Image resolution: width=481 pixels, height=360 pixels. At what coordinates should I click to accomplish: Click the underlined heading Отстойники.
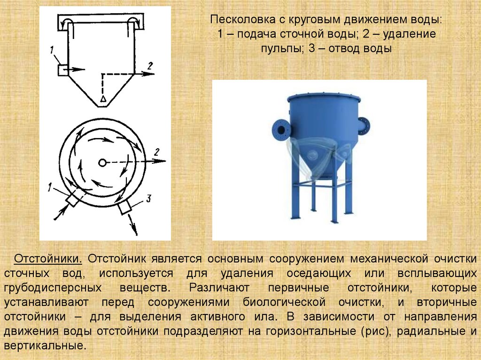(x=48, y=259)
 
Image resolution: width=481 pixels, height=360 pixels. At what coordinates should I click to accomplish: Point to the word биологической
(x=284, y=302)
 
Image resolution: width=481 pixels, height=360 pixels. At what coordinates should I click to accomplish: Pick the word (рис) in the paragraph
(x=376, y=331)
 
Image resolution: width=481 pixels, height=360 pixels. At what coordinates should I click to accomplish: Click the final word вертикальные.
(x=45, y=346)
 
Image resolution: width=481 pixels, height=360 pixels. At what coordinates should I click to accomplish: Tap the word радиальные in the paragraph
(x=431, y=331)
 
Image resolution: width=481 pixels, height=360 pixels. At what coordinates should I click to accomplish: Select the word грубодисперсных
(x=53, y=288)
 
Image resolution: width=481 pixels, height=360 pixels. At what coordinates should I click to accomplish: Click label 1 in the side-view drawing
(x=52, y=50)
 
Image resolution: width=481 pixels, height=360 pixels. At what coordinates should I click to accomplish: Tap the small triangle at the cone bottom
(x=103, y=99)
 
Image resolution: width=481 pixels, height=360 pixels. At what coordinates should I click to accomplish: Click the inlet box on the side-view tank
(x=63, y=70)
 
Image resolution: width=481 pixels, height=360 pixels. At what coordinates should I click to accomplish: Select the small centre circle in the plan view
(x=102, y=162)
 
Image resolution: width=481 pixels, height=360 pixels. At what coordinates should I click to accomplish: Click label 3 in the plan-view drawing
(x=148, y=199)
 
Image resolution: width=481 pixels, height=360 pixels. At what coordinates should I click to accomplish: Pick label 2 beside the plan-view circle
(x=157, y=152)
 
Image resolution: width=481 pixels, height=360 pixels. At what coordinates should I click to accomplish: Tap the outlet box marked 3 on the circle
(x=124, y=207)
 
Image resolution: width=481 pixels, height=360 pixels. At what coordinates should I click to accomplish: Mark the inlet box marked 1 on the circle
(x=73, y=199)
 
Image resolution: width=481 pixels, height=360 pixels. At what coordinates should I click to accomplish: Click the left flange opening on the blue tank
(x=281, y=130)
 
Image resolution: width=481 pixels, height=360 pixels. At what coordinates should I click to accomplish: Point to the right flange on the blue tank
(x=364, y=126)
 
